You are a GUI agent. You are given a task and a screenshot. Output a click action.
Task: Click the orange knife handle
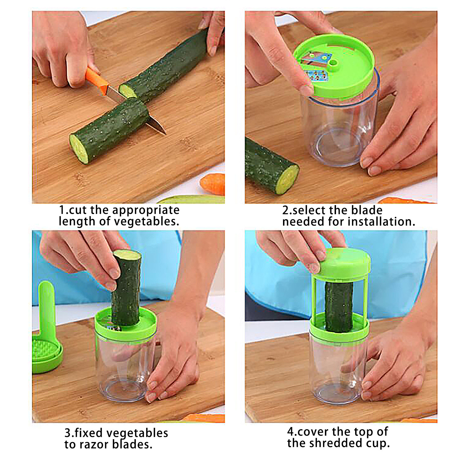point(97,80)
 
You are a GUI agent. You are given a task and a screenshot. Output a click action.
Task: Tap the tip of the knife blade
point(166,134)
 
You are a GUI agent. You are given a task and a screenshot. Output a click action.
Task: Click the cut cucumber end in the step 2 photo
point(287,180)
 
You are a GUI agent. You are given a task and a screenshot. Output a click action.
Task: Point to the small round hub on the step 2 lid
point(333,64)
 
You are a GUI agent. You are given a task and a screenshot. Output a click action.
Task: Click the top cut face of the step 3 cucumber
point(127,254)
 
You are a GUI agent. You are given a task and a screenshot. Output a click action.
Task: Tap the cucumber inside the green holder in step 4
point(339,307)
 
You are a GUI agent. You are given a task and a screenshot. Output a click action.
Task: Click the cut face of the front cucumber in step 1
point(79,149)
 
